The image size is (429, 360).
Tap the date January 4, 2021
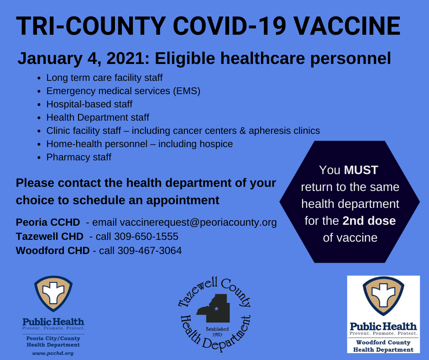pyautogui.click(x=84, y=59)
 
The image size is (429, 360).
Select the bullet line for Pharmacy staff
pyautogui.click(x=79, y=157)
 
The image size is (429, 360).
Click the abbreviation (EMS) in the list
pyautogui.click(x=187, y=91)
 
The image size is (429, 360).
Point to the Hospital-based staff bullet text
pyautogui.click(x=89, y=104)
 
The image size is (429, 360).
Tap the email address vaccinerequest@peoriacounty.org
pyautogui.click(x=198, y=222)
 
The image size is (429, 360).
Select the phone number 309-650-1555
pyautogui.click(x=146, y=237)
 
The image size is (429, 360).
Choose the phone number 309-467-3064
pyautogui.click(x=150, y=251)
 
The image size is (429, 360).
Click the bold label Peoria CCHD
pyautogui.click(x=48, y=222)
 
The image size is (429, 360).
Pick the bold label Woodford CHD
pyautogui.click(x=53, y=251)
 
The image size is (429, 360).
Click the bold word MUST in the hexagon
pyautogui.click(x=361, y=170)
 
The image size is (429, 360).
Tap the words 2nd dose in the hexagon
pyautogui.click(x=369, y=221)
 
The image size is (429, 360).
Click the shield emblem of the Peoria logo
pyautogui.click(x=53, y=293)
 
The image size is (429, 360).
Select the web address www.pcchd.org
pyautogui.click(x=53, y=354)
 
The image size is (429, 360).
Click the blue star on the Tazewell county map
pyautogui.click(x=216, y=309)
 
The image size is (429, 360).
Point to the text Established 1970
pyautogui.click(x=217, y=332)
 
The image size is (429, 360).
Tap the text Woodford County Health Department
pyautogui.click(x=383, y=346)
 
